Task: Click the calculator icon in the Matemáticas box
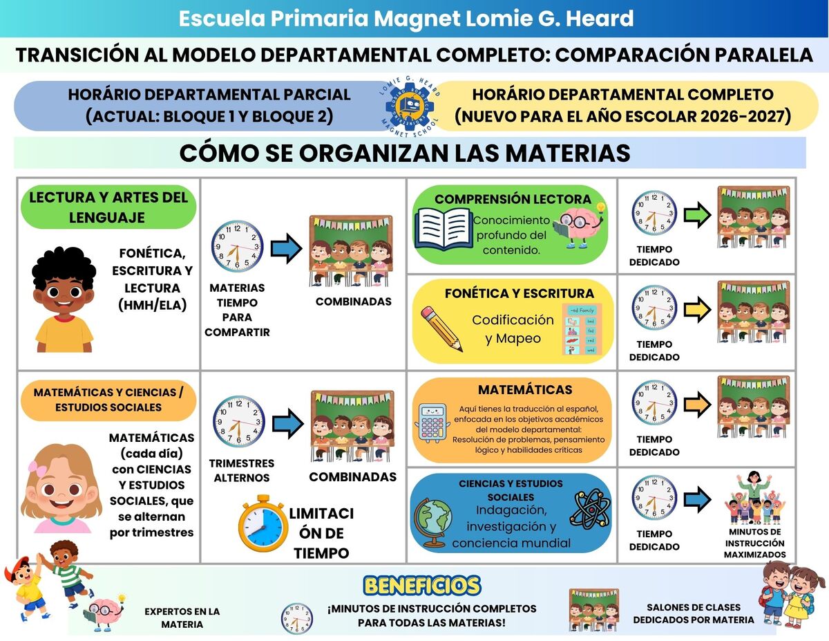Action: pos(432,421)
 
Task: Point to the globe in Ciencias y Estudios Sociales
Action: pos(433,523)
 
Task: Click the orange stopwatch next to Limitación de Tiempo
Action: pos(262,523)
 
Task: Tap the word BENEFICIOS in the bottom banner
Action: pos(421,586)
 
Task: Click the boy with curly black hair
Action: pos(64,299)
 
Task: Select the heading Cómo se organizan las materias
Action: pos(405,153)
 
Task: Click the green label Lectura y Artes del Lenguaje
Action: pos(108,207)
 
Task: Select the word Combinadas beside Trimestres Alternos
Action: pos(352,477)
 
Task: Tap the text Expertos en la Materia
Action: pos(182,617)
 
